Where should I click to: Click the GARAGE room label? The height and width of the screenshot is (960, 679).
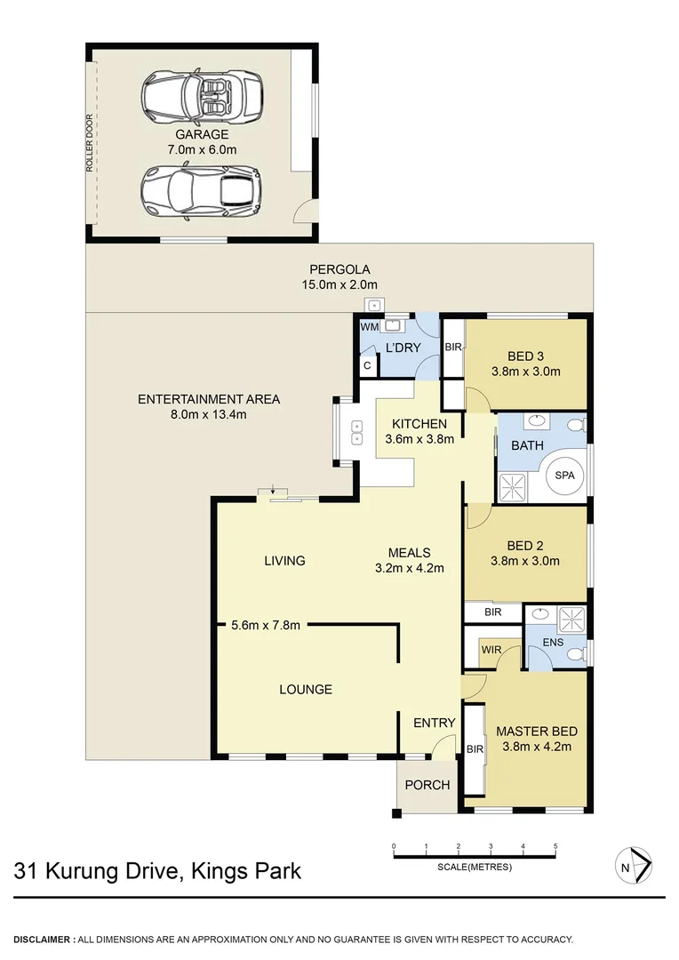[x=201, y=135]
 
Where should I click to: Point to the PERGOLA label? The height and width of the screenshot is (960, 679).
[x=339, y=269]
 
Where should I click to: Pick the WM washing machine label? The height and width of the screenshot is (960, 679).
[x=368, y=328]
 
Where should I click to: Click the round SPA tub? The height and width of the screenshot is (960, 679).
[x=565, y=476]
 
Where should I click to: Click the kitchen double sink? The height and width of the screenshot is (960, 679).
[x=357, y=432]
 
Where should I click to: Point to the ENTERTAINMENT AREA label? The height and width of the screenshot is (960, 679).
[x=209, y=399]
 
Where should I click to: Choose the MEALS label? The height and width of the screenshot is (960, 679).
[x=409, y=553]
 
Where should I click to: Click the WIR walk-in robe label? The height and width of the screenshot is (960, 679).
[x=491, y=650]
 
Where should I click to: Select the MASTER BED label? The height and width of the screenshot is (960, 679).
[x=536, y=732]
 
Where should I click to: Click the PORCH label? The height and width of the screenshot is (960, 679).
[x=427, y=785]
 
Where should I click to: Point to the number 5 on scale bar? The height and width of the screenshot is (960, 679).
[x=555, y=846]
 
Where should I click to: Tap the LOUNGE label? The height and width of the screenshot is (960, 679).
[x=305, y=689]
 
